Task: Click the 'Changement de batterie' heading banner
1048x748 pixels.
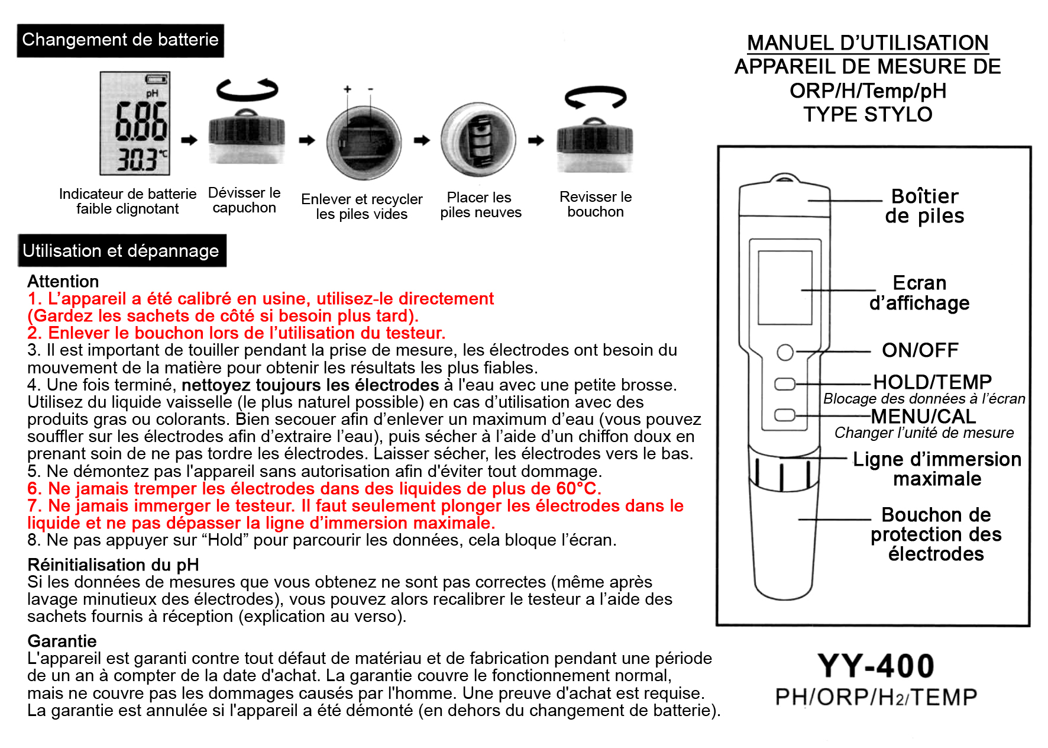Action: [120, 40]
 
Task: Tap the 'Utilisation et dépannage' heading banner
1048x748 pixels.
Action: [121, 251]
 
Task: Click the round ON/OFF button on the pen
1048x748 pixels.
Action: [785, 352]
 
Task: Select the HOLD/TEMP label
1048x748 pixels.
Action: [932, 382]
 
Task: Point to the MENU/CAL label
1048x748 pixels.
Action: [923, 417]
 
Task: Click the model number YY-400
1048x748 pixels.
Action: [876, 666]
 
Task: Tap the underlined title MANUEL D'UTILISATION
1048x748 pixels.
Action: [868, 43]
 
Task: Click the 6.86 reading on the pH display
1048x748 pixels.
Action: [141, 121]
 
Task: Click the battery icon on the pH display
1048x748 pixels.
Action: [156, 79]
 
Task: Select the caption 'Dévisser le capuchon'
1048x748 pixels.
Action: [244, 200]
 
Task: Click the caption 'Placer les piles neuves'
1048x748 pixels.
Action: [480, 205]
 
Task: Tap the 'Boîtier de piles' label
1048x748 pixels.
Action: [924, 206]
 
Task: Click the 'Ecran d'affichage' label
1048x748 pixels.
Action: [919, 293]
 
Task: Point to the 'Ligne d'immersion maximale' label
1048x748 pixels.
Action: [937, 469]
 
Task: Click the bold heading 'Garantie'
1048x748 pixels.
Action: [62, 641]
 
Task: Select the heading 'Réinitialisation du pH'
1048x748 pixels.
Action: [113, 565]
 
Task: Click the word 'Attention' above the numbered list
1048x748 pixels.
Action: [63, 282]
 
